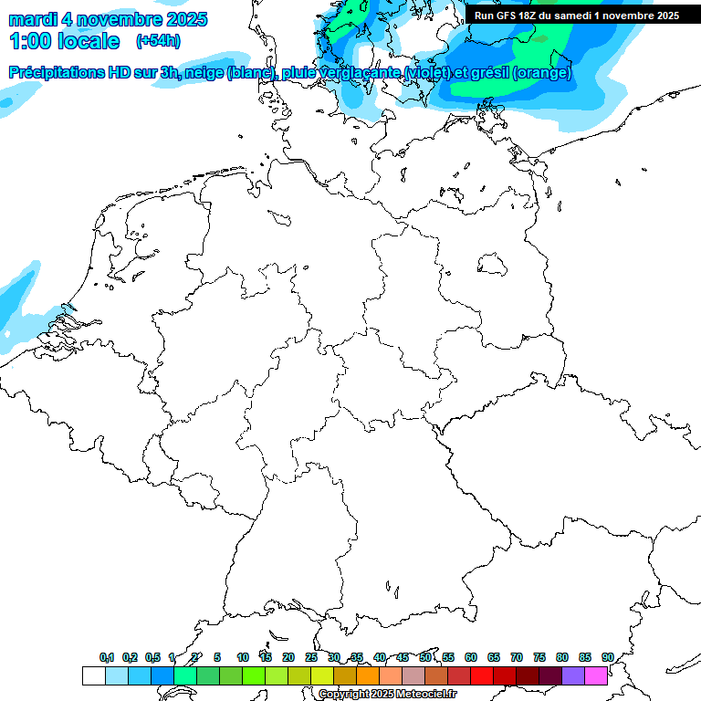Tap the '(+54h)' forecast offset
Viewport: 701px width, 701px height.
point(158,41)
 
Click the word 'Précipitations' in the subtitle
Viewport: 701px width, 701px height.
point(58,73)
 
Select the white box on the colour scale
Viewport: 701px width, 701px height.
point(93,675)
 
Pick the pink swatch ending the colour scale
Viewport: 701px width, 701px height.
point(596,675)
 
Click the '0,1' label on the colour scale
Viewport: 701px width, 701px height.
point(107,657)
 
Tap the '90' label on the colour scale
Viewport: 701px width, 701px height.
point(608,657)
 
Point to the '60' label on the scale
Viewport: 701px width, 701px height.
point(471,657)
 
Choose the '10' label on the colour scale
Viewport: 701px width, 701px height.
point(243,657)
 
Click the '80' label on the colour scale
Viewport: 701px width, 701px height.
point(562,657)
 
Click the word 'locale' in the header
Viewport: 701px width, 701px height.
point(87,41)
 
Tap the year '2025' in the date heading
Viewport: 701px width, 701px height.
point(183,19)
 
